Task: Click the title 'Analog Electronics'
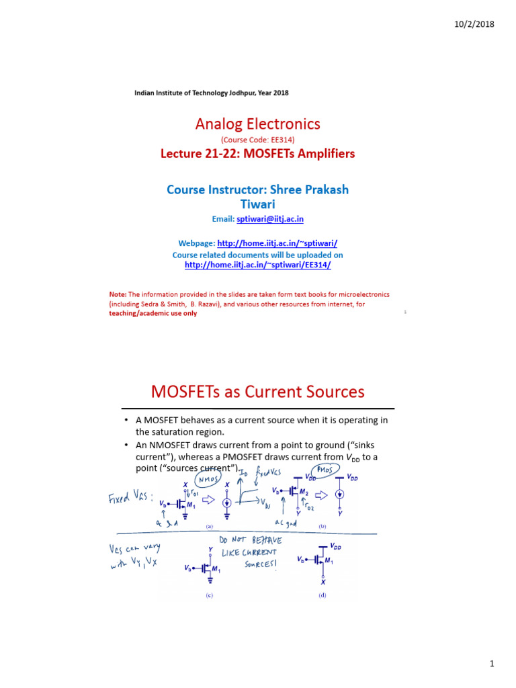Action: point(257,124)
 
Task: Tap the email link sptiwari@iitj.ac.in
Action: point(265,219)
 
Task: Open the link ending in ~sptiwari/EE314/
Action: point(258,265)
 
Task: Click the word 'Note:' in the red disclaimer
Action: point(118,295)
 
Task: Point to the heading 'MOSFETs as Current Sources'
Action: point(258,392)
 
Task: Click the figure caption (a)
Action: point(209,527)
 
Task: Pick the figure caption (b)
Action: point(322,527)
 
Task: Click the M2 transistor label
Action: point(303,492)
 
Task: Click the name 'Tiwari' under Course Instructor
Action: point(257,204)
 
